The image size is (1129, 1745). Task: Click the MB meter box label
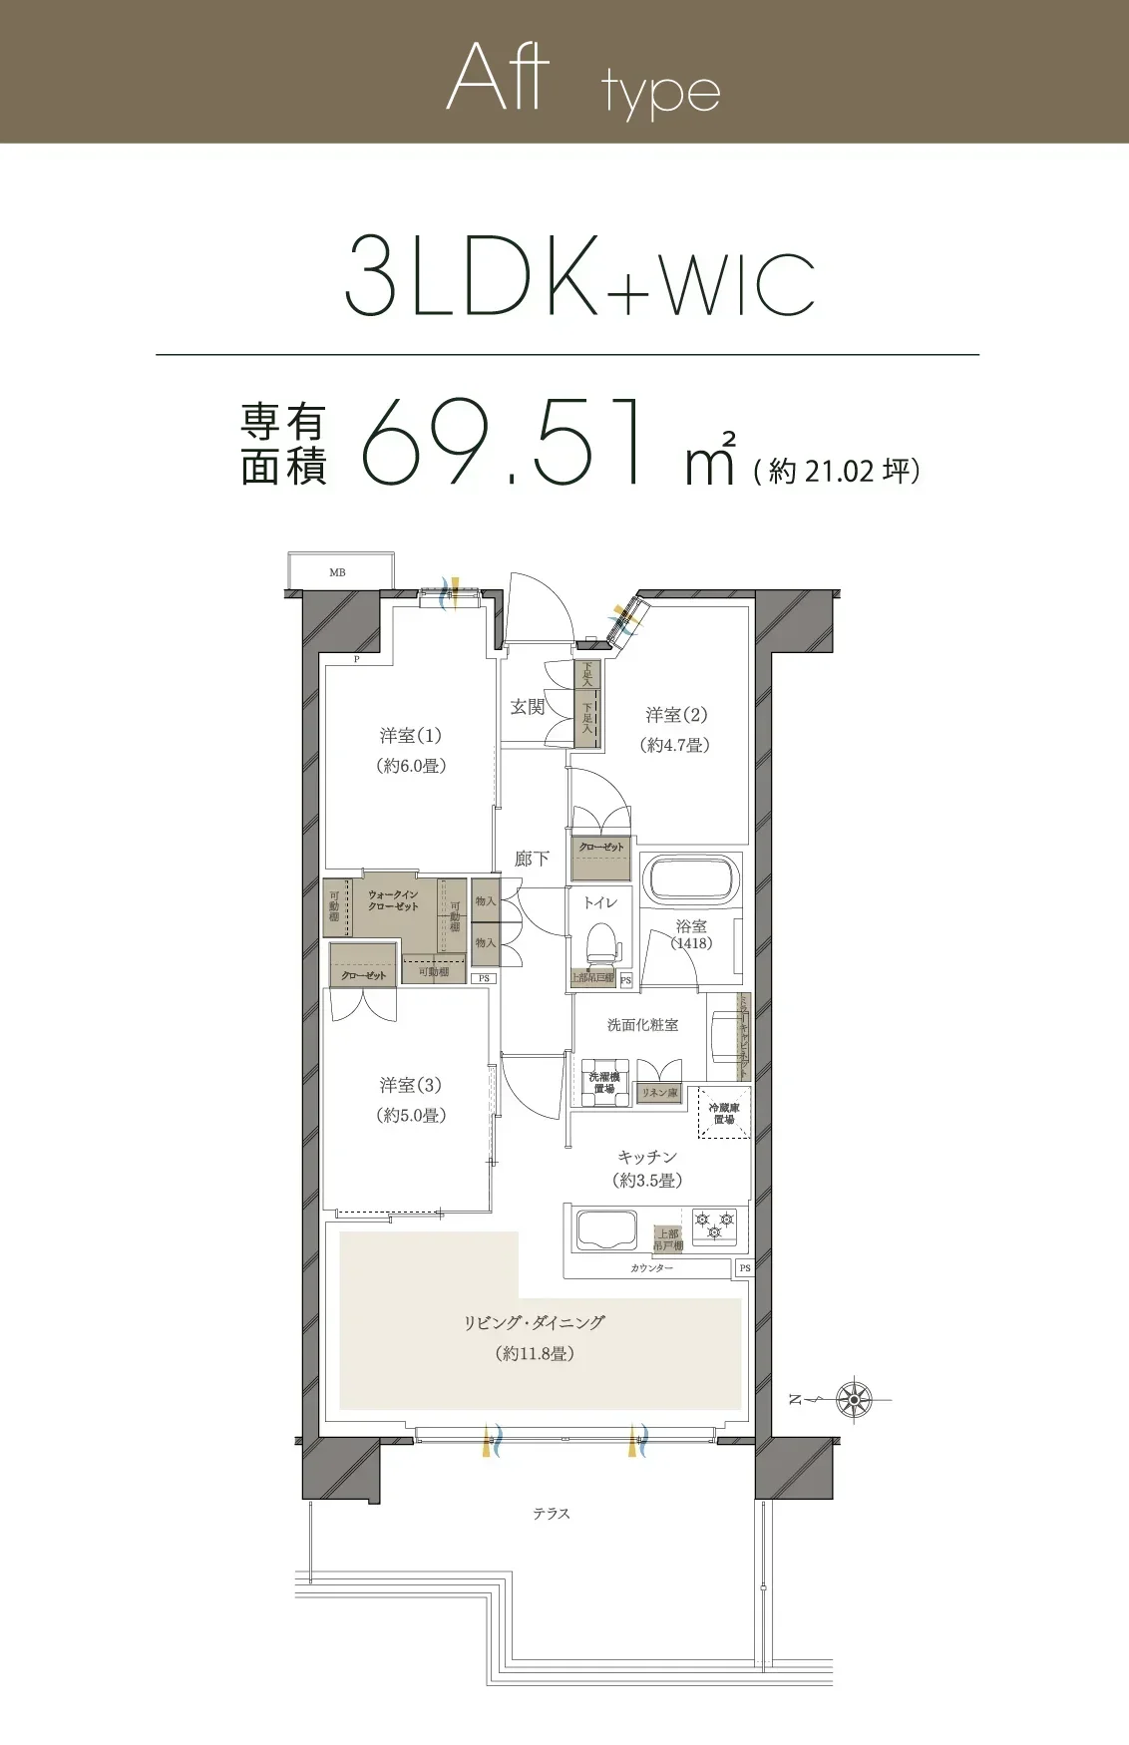point(337,572)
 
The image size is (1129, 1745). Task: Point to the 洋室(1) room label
point(410,736)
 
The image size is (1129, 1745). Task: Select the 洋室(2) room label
point(676,715)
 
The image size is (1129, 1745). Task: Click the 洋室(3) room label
point(410,1085)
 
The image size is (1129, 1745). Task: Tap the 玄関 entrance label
point(528,707)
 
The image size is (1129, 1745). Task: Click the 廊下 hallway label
point(532,858)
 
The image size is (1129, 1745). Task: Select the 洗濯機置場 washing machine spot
point(603,1083)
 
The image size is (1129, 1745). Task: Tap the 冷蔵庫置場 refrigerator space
point(723,1114)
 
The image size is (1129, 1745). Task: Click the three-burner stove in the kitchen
point(715,1225)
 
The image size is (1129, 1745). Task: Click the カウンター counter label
point(651,1268)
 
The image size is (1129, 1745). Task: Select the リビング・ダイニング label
point(535,1323)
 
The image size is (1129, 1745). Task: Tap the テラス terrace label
point(551,1514)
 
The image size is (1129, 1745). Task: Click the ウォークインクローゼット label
point(393,900)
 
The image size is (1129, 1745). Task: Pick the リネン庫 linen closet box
point(659,1094)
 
